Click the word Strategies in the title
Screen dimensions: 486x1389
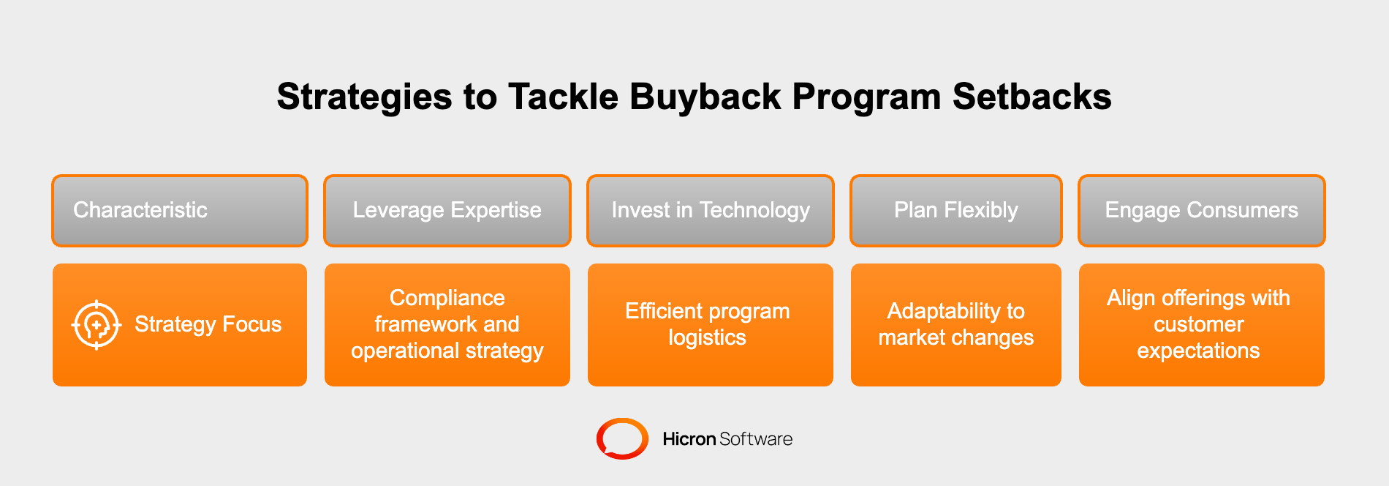coord(364,97)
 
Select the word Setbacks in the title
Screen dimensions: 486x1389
coord(1032,97)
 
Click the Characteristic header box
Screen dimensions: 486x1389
coord(180,211)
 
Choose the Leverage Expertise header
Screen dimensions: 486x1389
coord(447,211)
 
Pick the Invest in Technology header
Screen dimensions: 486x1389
coord(710,211)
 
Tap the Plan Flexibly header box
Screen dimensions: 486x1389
coord(955,211)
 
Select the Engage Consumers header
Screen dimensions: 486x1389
coord(1201,211)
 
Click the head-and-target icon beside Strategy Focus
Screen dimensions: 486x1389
coord(96,325)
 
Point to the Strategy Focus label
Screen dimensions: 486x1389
coord(208,324)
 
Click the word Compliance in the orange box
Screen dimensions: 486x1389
coord(447,298)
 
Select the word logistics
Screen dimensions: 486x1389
coord(707,337)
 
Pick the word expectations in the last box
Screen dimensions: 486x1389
coord(1198,351)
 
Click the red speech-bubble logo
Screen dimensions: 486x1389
coord(622,438)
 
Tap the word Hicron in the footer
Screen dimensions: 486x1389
coord(689,439)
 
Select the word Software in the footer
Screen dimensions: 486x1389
coord(756,439)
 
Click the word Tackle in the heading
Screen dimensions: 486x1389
coord(563,97)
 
